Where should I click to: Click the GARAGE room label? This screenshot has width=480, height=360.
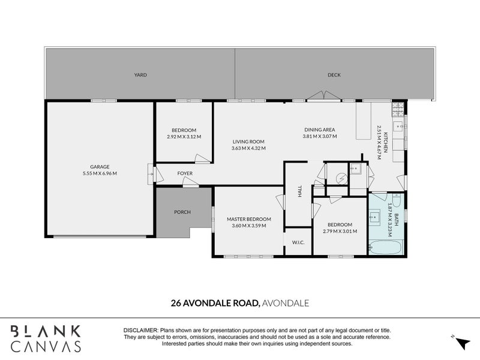click(100, 167)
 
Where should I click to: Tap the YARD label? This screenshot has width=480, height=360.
click(140, 74)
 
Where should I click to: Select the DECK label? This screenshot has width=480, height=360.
click(334, 74)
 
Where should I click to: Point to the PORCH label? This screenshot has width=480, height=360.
click(182, 212)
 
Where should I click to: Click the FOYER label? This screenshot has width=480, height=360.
click(185, 173)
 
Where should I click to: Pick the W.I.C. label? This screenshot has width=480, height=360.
click(298, 242)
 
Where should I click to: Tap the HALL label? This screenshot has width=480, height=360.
click(299, 191)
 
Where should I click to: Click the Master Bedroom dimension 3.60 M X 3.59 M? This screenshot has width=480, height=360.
click(249, 226)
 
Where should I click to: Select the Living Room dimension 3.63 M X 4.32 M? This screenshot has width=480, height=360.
click(248, 148)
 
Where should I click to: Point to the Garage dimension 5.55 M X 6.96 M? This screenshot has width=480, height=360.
click(100, 173)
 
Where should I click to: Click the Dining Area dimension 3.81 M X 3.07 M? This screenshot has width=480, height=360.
click(320, 136)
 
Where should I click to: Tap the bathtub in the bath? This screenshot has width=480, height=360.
click(385, 247)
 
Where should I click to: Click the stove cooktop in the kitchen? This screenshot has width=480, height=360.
click(398, 110)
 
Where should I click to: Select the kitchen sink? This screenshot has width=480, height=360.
click(398, 125)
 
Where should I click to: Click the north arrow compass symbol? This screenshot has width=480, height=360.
click(461, 342)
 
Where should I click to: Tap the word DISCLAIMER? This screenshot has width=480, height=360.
click(141, 331)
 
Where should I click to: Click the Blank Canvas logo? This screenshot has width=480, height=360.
click(46, 338)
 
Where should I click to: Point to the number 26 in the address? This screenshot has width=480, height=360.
click(175, 303)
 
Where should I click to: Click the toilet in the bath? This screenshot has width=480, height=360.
click(397, 201)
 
